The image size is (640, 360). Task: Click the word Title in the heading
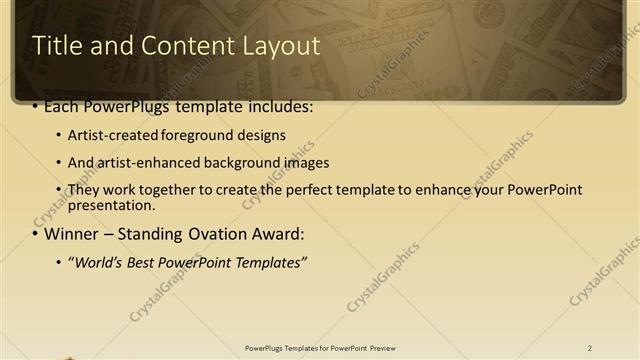click(57, 45)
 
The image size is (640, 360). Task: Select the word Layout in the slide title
click(280, 45)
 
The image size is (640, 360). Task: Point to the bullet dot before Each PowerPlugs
click(36, 105)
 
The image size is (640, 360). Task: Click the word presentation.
click(111, 206)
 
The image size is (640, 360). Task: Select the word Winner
click(72, 235)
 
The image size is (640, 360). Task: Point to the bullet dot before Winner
click(36, 235)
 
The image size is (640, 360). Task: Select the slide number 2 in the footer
click(590, 348)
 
